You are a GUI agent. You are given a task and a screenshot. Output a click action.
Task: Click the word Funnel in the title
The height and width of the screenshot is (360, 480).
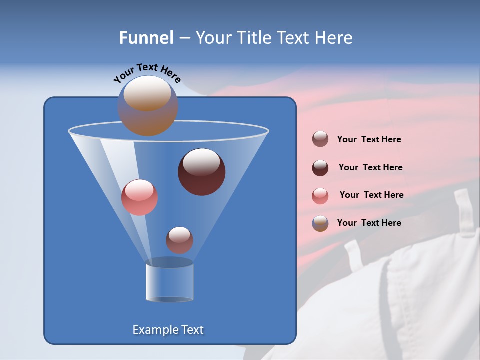tap(146, 38)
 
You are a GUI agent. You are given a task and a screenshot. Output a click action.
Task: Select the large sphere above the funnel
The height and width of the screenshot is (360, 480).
tap(148, 106)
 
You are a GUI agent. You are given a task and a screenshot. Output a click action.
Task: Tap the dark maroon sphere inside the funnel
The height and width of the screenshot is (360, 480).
tap(201, 172)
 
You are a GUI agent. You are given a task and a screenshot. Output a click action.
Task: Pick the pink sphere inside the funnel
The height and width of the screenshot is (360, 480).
tap(139, 197)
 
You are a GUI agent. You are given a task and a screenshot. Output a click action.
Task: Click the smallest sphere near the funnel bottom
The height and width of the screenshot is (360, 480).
tap(179, 240)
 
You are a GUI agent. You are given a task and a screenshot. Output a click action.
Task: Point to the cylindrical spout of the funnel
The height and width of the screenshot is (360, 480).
tap(169, 283)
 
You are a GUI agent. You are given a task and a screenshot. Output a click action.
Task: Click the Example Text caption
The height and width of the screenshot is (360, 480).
tap(168, 330)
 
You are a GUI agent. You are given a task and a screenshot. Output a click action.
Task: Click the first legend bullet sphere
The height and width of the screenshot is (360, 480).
tap(320, 139)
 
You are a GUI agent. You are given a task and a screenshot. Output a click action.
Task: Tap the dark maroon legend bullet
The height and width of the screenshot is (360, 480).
tap(320, 168)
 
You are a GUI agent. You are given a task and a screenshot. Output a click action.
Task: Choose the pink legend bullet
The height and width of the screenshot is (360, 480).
tap(320, 196)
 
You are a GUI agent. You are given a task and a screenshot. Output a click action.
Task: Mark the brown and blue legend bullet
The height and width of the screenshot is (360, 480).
tap(320, 223)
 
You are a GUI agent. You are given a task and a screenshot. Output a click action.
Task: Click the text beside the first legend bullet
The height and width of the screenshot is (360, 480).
tap(369, 140)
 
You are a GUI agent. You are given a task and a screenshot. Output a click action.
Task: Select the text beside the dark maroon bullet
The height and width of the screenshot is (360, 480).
tap(370, 167)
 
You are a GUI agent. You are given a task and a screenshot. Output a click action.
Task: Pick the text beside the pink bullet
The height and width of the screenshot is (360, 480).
tap(371, 195)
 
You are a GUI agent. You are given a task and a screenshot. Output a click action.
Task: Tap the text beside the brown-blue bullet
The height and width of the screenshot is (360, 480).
tap(369, 223)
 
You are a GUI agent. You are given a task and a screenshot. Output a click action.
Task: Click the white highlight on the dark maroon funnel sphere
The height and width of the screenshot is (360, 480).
tap(201, 162)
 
